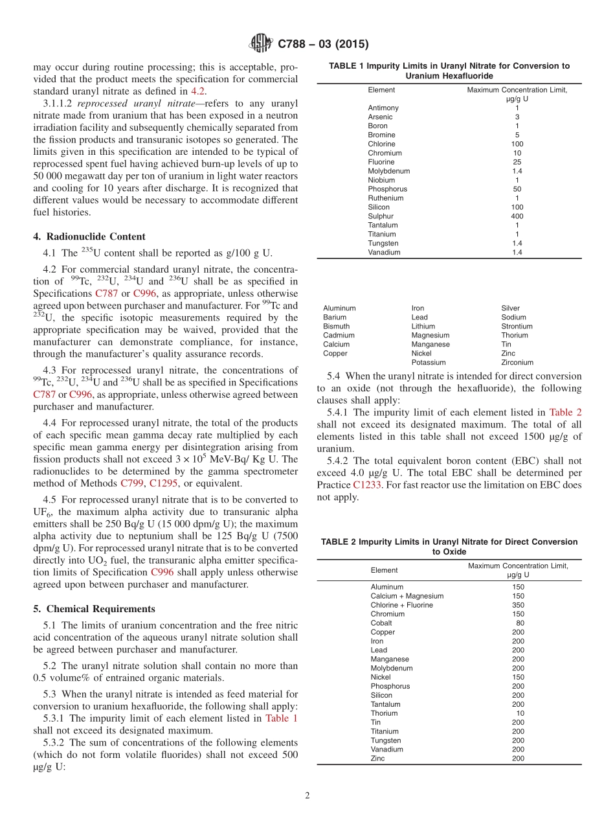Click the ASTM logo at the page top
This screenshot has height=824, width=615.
262,44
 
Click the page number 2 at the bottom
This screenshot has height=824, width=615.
307,795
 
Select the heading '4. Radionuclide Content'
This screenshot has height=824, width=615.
89,236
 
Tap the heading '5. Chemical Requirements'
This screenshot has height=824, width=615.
94,609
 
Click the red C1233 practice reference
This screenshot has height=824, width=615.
367,485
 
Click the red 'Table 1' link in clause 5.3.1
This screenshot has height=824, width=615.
282,718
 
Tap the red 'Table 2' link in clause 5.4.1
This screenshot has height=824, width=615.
565,412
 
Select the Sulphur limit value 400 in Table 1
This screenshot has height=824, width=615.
517,216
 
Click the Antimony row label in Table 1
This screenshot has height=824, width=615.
383,108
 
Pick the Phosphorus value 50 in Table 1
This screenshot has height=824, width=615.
517,189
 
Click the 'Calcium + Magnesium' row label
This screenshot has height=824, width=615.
407,596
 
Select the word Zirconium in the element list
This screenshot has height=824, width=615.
517,363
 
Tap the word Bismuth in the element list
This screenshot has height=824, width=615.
336,326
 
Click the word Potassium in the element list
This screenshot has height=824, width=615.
428,363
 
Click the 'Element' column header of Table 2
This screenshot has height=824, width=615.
384,570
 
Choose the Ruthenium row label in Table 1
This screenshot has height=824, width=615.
385,198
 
